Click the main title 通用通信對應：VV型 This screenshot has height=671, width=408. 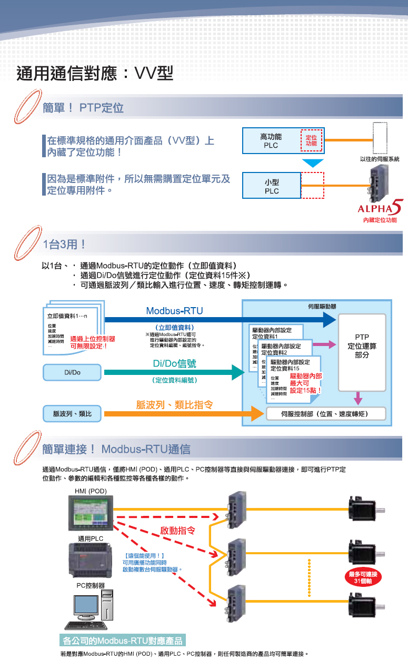(95, 74)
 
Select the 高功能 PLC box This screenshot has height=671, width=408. (271, 140)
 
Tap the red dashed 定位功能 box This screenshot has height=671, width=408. (311, 140)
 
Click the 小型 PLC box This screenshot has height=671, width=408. (272, 186)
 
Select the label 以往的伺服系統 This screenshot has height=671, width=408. (380, 159)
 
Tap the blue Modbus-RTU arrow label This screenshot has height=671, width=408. (174, 311)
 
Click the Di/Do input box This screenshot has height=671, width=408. (72, 373)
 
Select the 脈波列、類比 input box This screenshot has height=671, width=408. (72, 414)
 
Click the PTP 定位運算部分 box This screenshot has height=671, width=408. (362, 347)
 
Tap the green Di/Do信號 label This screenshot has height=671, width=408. (174, 363)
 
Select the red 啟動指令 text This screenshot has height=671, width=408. (177, 531)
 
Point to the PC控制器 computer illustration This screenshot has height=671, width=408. (89, 610)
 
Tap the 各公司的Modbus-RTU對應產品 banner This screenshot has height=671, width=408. (122, 641)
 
